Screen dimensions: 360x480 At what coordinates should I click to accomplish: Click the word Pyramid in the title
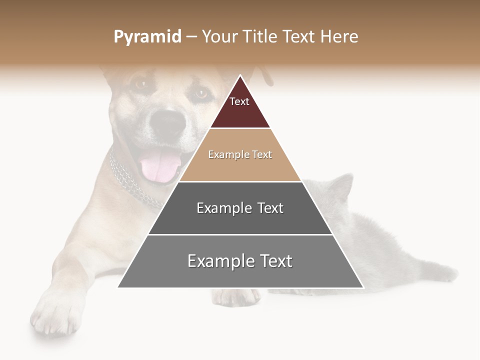pos(147,37)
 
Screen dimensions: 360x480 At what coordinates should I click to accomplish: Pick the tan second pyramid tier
pos(240,167)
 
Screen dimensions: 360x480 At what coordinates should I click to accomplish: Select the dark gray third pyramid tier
pos(240,220)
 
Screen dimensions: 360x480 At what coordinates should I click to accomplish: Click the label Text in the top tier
pos(239,101)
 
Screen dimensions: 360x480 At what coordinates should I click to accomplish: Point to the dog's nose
pos(168,121)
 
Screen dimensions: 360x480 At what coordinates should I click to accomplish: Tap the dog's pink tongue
pos(159,165)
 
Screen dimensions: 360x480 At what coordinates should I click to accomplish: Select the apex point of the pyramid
pos(240,76)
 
